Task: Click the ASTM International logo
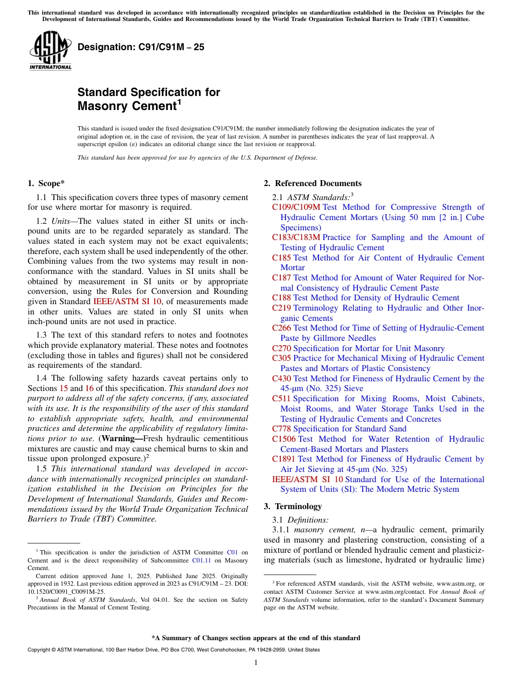coord(50,50)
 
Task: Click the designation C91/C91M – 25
coord(141,47)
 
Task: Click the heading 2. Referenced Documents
coord(313,183)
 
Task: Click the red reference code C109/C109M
coord(296,207)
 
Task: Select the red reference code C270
coord(281,348)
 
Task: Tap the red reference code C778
coord(281,429)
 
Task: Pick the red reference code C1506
coord(283,439)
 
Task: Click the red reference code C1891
coord(283,459)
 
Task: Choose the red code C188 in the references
coord(281,298)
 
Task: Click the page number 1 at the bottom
coord(256,663)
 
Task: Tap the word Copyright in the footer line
coord(39,650)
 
